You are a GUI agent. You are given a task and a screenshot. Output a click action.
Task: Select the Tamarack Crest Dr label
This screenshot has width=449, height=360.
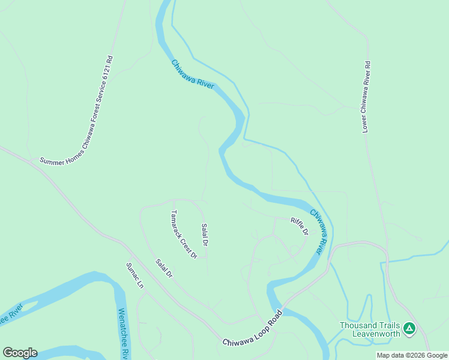coord(184,234)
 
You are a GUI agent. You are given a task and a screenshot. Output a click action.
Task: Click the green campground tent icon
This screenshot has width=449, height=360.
coord(409,328)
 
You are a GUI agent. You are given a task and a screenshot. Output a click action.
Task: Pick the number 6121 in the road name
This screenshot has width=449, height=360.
coord(107,74)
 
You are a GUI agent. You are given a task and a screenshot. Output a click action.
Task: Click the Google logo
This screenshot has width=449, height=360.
coord(20,353)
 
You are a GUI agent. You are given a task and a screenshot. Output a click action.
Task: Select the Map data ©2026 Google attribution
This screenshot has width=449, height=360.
coord(412,355)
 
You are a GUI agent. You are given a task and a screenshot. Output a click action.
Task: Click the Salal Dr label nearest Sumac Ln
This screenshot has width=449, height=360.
coord(164,268)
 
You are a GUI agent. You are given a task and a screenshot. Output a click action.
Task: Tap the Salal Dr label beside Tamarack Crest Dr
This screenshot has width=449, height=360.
coord(205,235)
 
